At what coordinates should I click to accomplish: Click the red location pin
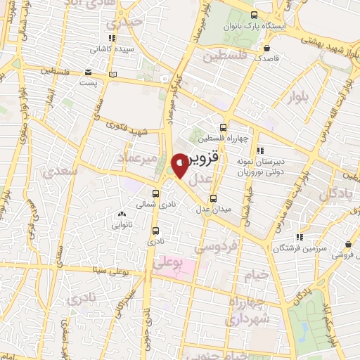(181, 164)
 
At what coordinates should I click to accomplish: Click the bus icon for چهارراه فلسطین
(223, 127)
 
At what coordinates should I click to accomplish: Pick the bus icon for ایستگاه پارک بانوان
(254, 15)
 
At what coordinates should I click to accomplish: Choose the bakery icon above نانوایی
(122, 214)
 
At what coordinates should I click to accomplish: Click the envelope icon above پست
(88, 72)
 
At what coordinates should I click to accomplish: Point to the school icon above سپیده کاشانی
(111, 39)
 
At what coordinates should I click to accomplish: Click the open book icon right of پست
(114, 73)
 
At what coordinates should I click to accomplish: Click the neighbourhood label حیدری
(132, 22)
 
